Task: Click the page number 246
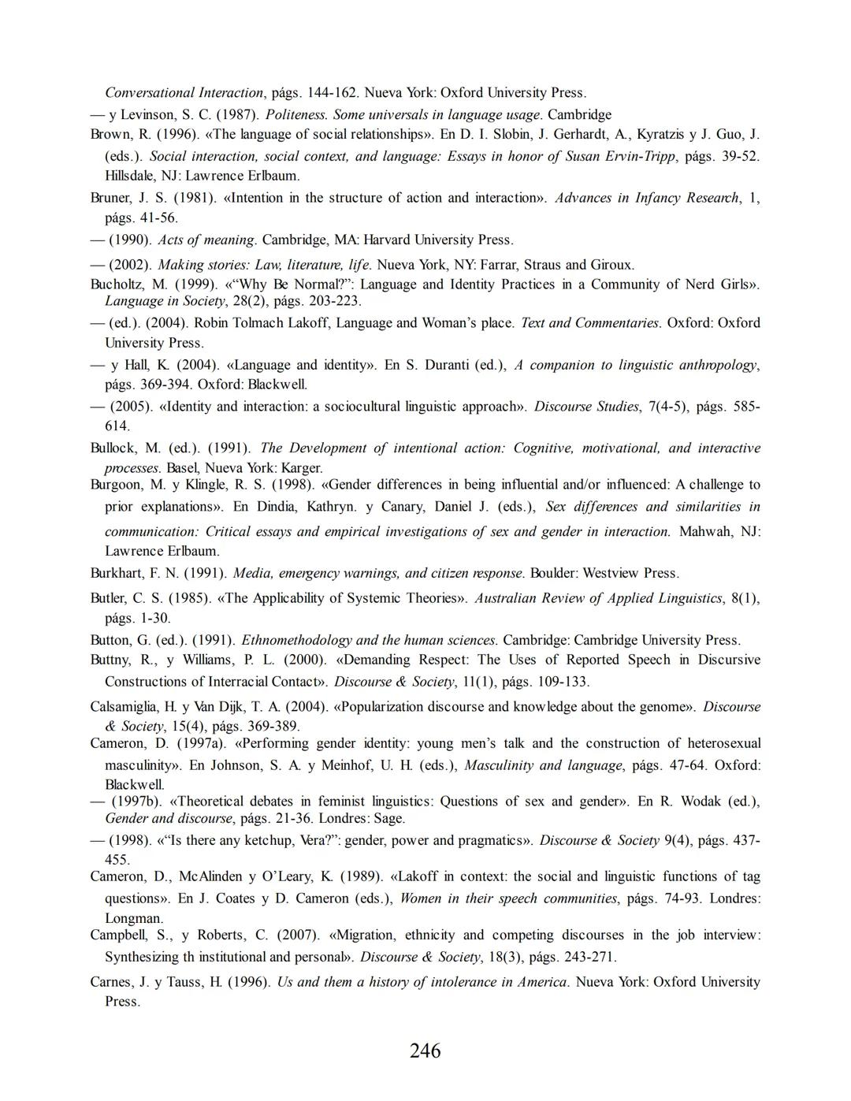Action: point(425,1051)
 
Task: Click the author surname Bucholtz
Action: point(117,285)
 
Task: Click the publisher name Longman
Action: point(133,918)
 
